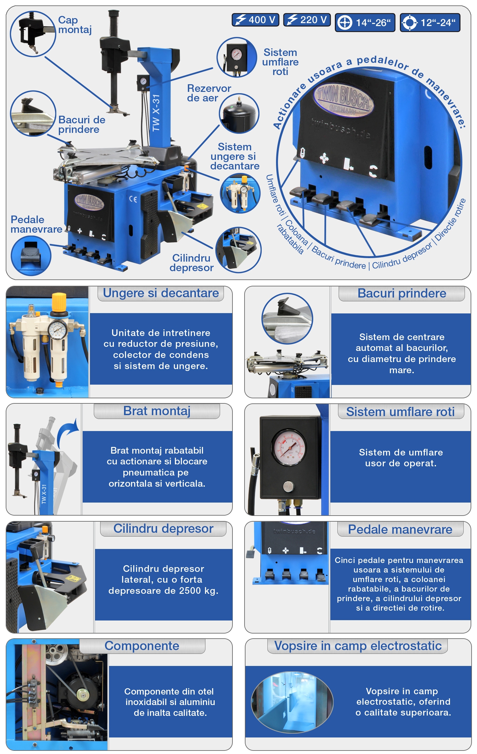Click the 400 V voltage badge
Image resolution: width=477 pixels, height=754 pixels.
pos(255,20)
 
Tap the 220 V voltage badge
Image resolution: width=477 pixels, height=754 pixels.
pos(307,20)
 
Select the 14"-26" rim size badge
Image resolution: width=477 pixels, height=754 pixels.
pos(365,23)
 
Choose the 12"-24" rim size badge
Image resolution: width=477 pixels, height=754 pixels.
pos(430,23)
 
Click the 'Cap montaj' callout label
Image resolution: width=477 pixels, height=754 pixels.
pos(75,25)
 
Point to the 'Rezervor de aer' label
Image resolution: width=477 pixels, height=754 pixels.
pos(209,93)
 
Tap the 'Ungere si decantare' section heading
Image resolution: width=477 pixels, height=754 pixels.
pos(161,293)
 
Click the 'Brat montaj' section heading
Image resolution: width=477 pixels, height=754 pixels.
pos(157,411)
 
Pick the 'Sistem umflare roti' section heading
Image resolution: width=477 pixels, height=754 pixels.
pos(400,412)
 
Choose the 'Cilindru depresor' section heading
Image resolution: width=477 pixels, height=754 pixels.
pos(163,529)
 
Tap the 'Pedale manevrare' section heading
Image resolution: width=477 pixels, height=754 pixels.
pos(400,529)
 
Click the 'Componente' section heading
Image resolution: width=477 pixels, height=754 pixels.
pos(142,646)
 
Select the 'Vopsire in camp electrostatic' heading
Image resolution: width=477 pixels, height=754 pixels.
pos(358,646)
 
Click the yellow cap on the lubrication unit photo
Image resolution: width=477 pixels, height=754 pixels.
pos(59,302)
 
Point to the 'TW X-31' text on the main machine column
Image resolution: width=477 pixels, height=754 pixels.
pos(156,113)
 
